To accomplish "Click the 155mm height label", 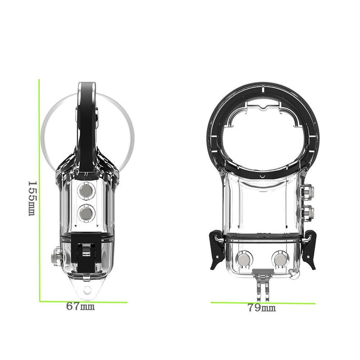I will [x=32, y=199].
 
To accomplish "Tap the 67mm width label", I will [x=80, y=306].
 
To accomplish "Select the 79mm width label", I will [x=262, y=308].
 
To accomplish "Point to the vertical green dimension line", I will [x=39, y=190].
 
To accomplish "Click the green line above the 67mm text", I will [x=83, y=302].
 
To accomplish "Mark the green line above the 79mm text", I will [x=262, y=303].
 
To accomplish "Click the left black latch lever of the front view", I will [x=217, y=247].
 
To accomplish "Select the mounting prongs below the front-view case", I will [x=261, y=282].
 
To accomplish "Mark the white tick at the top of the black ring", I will [x=262, y=88].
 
